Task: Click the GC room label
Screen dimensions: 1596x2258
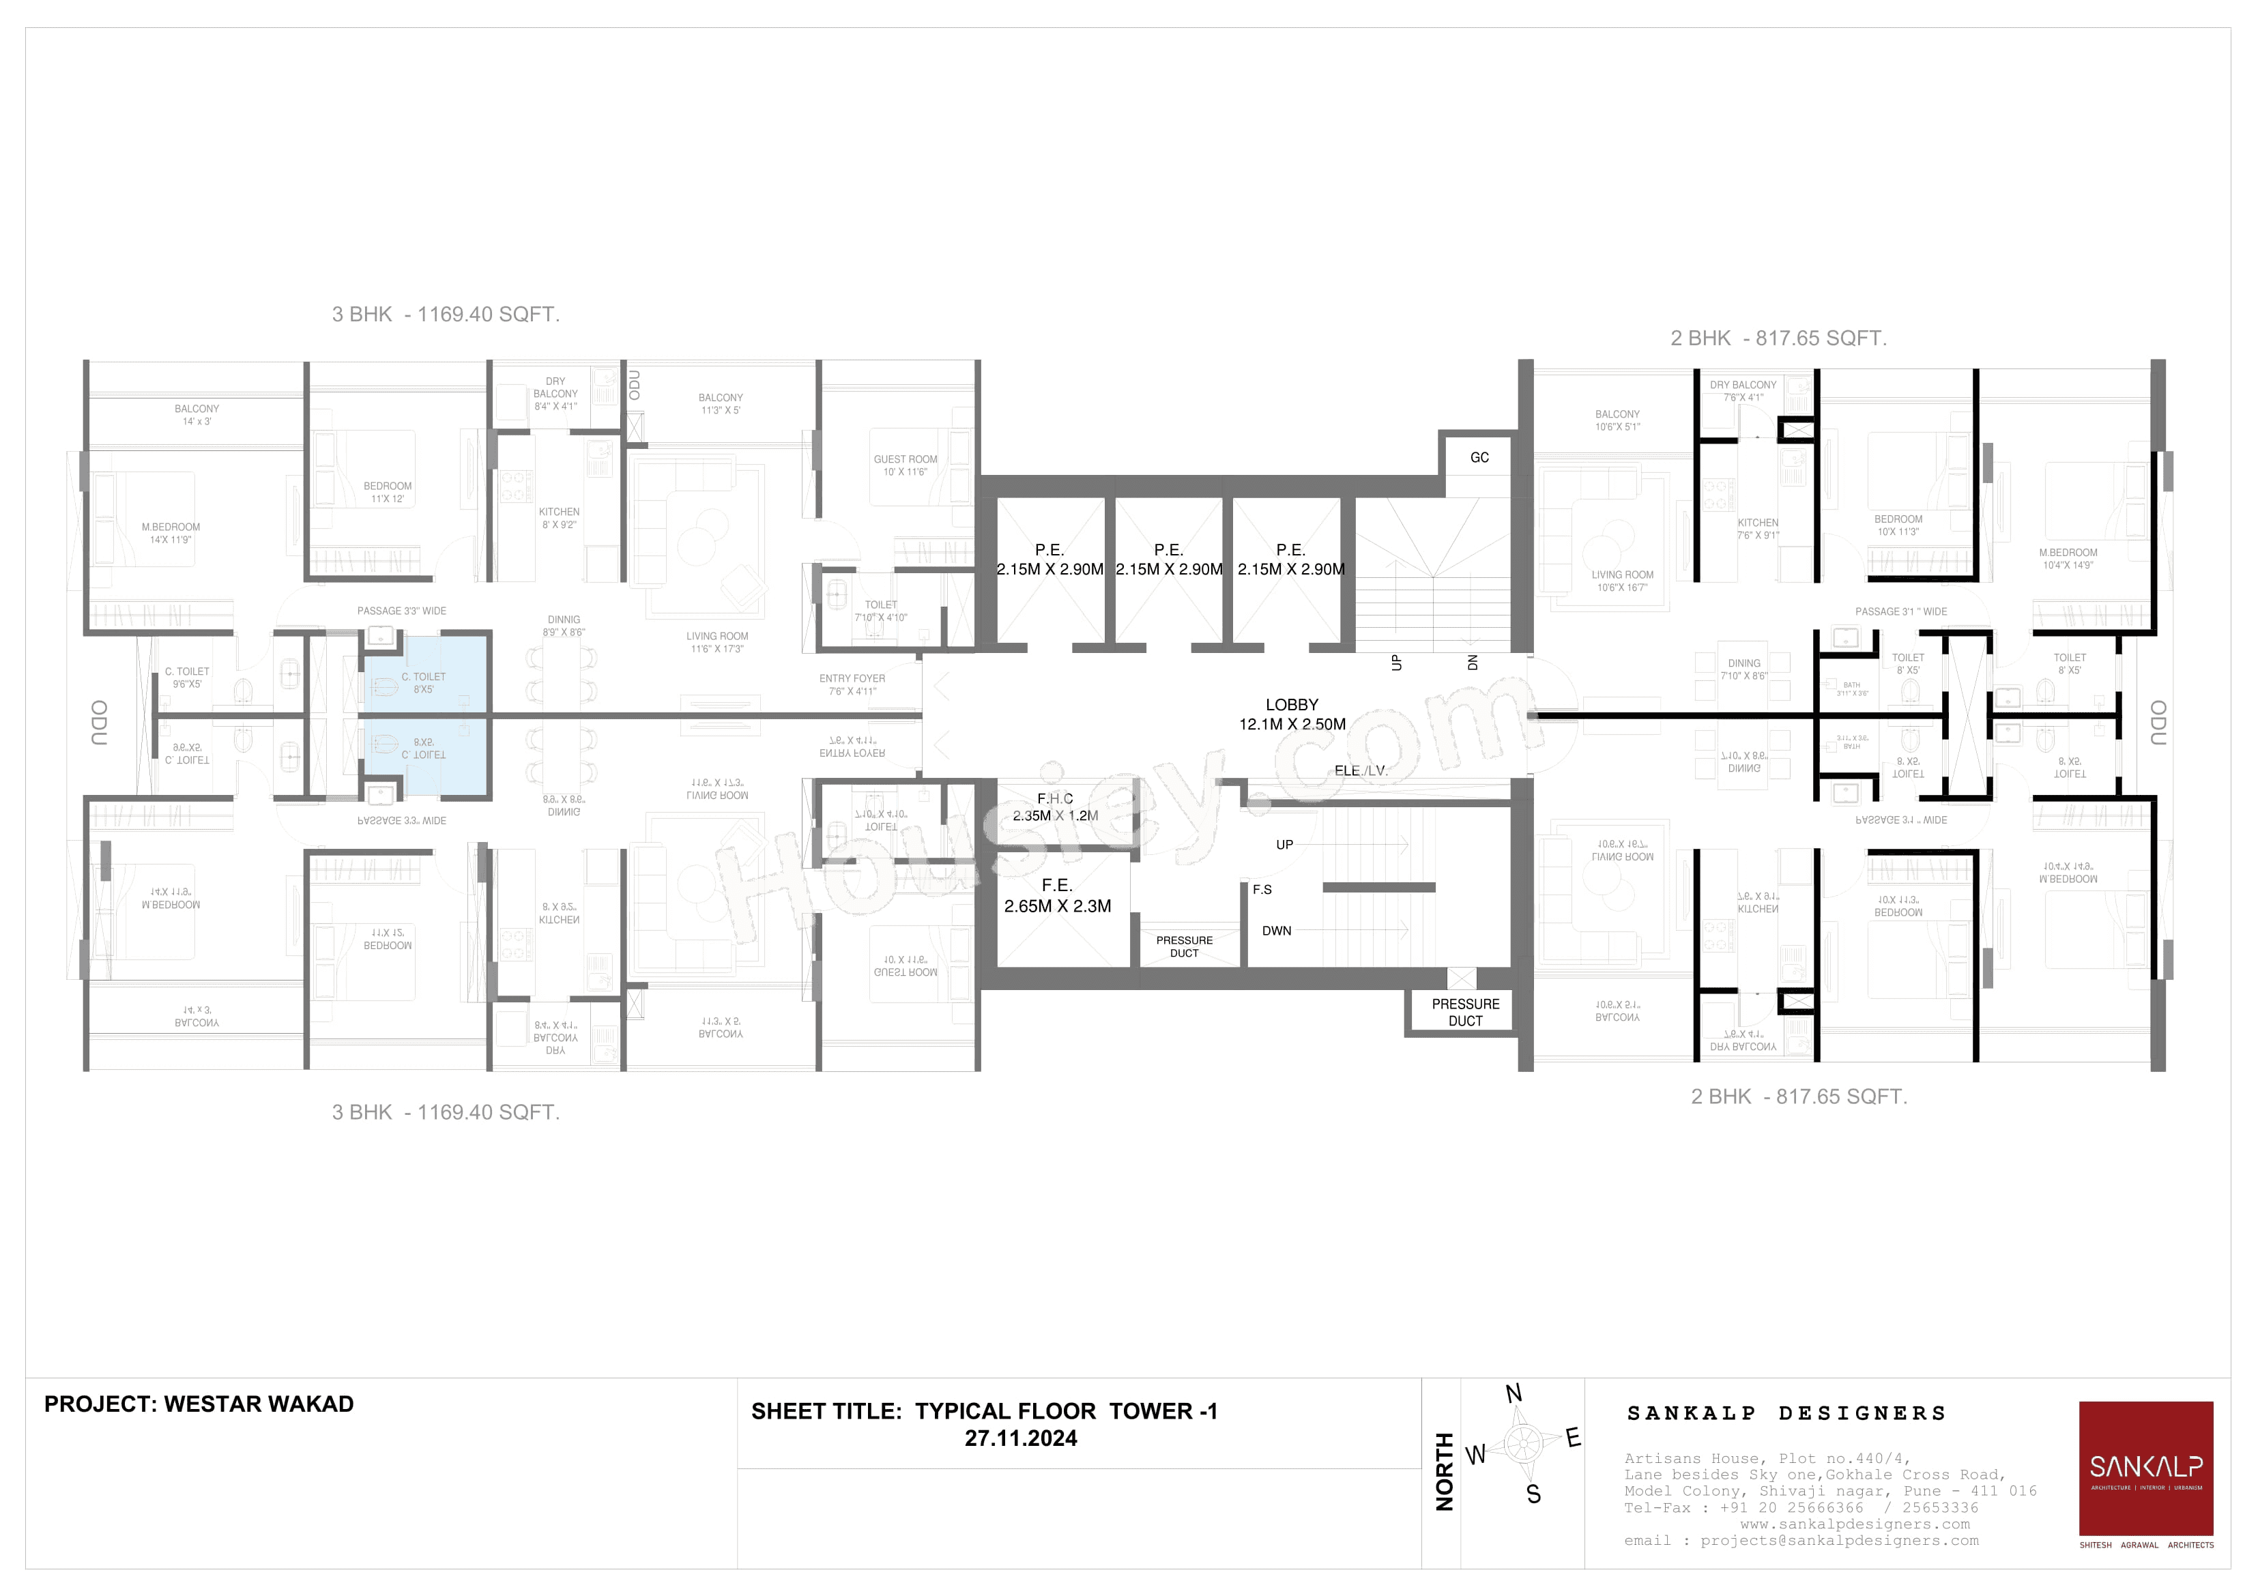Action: [x=1479, y=457]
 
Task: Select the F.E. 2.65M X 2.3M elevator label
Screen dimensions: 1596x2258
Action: [x=1057, y=897]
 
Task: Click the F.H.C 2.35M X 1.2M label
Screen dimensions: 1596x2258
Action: [x=1055, y=807]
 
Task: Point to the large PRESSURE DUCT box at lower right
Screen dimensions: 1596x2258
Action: [x=1464, y=1012]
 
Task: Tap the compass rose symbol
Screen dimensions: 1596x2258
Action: [x=1520, y=1444]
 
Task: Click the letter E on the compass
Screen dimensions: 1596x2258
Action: [x=1574, y=1438]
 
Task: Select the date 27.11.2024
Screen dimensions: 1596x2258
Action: [x=1021, y=1438]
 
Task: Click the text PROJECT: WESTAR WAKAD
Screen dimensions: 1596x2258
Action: [x=199, y=1404]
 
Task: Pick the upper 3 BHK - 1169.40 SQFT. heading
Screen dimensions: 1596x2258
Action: [x=446, y=315]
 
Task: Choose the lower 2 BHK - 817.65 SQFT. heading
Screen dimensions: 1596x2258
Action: [x=1799, y=1097]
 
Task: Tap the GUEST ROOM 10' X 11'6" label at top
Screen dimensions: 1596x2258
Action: [x=905, y=465]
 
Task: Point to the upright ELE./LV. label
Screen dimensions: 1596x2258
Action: [x=1361, y=771]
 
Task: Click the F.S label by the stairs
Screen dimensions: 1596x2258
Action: [x=1262, y=889]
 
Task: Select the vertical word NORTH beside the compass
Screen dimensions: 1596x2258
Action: [x=1445, y=1471]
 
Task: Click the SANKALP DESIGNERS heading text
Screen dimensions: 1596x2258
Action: [x=1786, y=1413]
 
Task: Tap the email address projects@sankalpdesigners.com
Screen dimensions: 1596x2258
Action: [x=1839, y=1541]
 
